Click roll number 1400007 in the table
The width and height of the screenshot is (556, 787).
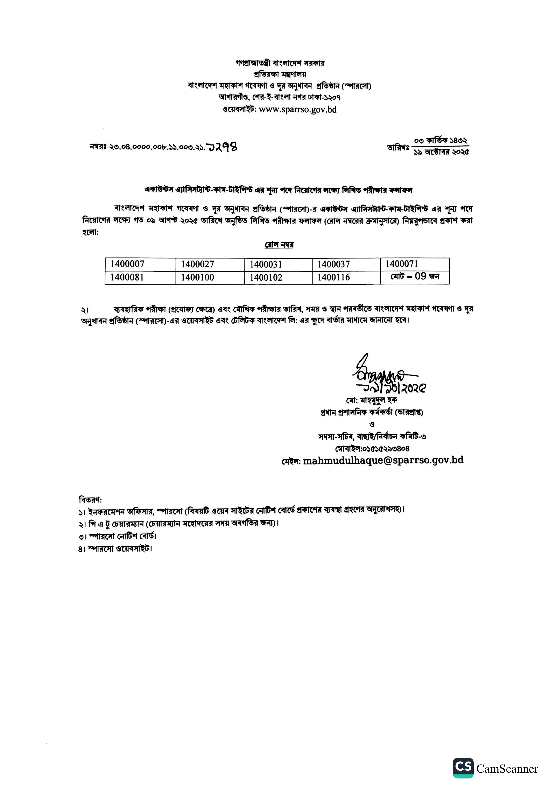click(127, 264)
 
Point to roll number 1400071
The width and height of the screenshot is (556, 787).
click(402, 264)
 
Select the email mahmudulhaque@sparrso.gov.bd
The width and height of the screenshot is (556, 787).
click(383, 460)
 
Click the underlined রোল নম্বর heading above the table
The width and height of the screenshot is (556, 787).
click(279, 245)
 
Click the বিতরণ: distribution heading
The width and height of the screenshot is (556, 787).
click(90, 499)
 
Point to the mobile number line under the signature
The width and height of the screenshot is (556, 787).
click(372, 448)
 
